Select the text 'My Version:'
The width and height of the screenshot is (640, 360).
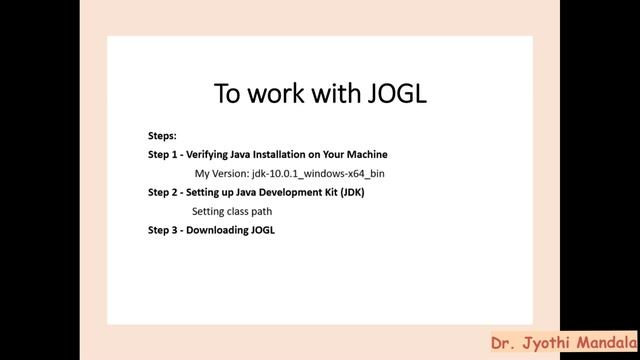click(220, 174)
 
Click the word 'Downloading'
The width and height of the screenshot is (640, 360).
click(219, 230)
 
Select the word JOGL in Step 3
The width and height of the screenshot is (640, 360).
click(263, 230)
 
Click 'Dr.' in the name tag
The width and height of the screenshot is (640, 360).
click(504, 342)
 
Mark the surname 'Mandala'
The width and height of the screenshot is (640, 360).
click(604, 342)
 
